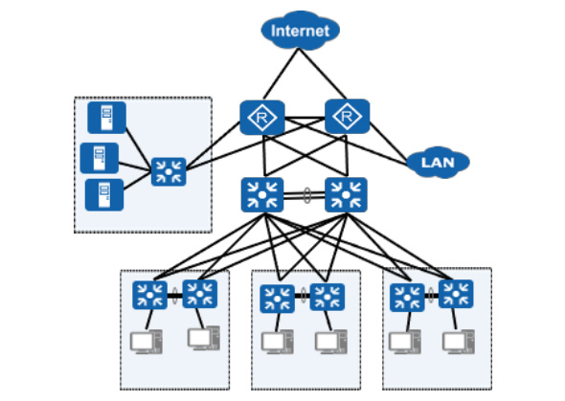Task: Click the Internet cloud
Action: pyautogui.click(x=300, y=31)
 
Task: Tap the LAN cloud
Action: pyautogui.click(x=438, y=163)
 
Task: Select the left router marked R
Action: pyautogui.click(x=262, y=118)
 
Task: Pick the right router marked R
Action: pyautogui.click(x=347, y=117)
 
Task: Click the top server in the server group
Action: pyautogui.click(x=106, y=118)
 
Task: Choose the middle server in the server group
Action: pyautogui.click(x=99, y=158)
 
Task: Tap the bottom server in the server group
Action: pyautogui.click(x=104, y=194)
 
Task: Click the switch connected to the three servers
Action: pyautogui.click(x=169, y=171)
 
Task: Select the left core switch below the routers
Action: pyautogui.click(x=262, y=194)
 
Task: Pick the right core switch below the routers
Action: pyautogui.click(x=346, y=194)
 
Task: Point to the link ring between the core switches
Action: pyautogui.click(x=307, y=195)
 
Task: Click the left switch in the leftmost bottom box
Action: pyautogui.click(x=149, y=295)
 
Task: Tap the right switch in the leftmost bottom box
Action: pyautogui.click(x=199, y=294)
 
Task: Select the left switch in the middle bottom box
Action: pyautogui.click(x=277, y=299)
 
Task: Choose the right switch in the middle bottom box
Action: pyautogui.click(x=328, y=297)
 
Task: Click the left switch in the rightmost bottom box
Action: pyautogui.click(x=407, y=298)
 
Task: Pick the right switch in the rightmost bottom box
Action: pyautogui.click(x=456, y=294)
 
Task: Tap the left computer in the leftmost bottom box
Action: pyautogui.click(x=147, y=342)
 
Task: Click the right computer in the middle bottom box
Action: pyautogui.click(x=331, y=342)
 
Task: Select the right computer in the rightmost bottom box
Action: pyautogui.click(x=459, y=342)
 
